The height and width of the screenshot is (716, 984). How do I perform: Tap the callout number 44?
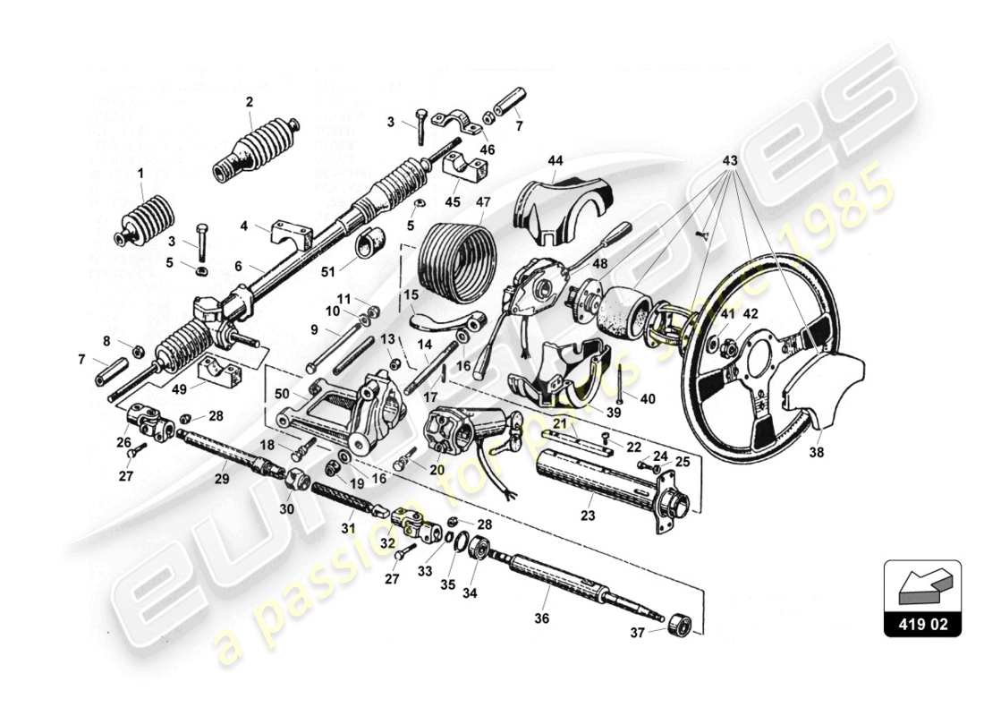(x=556, y=160)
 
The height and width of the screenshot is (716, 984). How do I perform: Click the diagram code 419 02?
(x=922, y=623)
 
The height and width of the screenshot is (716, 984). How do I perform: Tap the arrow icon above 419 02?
(x=922, y=587)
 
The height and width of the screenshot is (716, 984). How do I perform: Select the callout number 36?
(x=542, y=618)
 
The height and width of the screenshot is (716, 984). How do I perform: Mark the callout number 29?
(x=222, y=480)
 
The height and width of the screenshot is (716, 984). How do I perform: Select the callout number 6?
(x=238, y=266)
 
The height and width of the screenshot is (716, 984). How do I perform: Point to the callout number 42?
(x=750, y=314)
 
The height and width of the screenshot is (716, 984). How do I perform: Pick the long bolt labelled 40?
(x=618, y=381)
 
